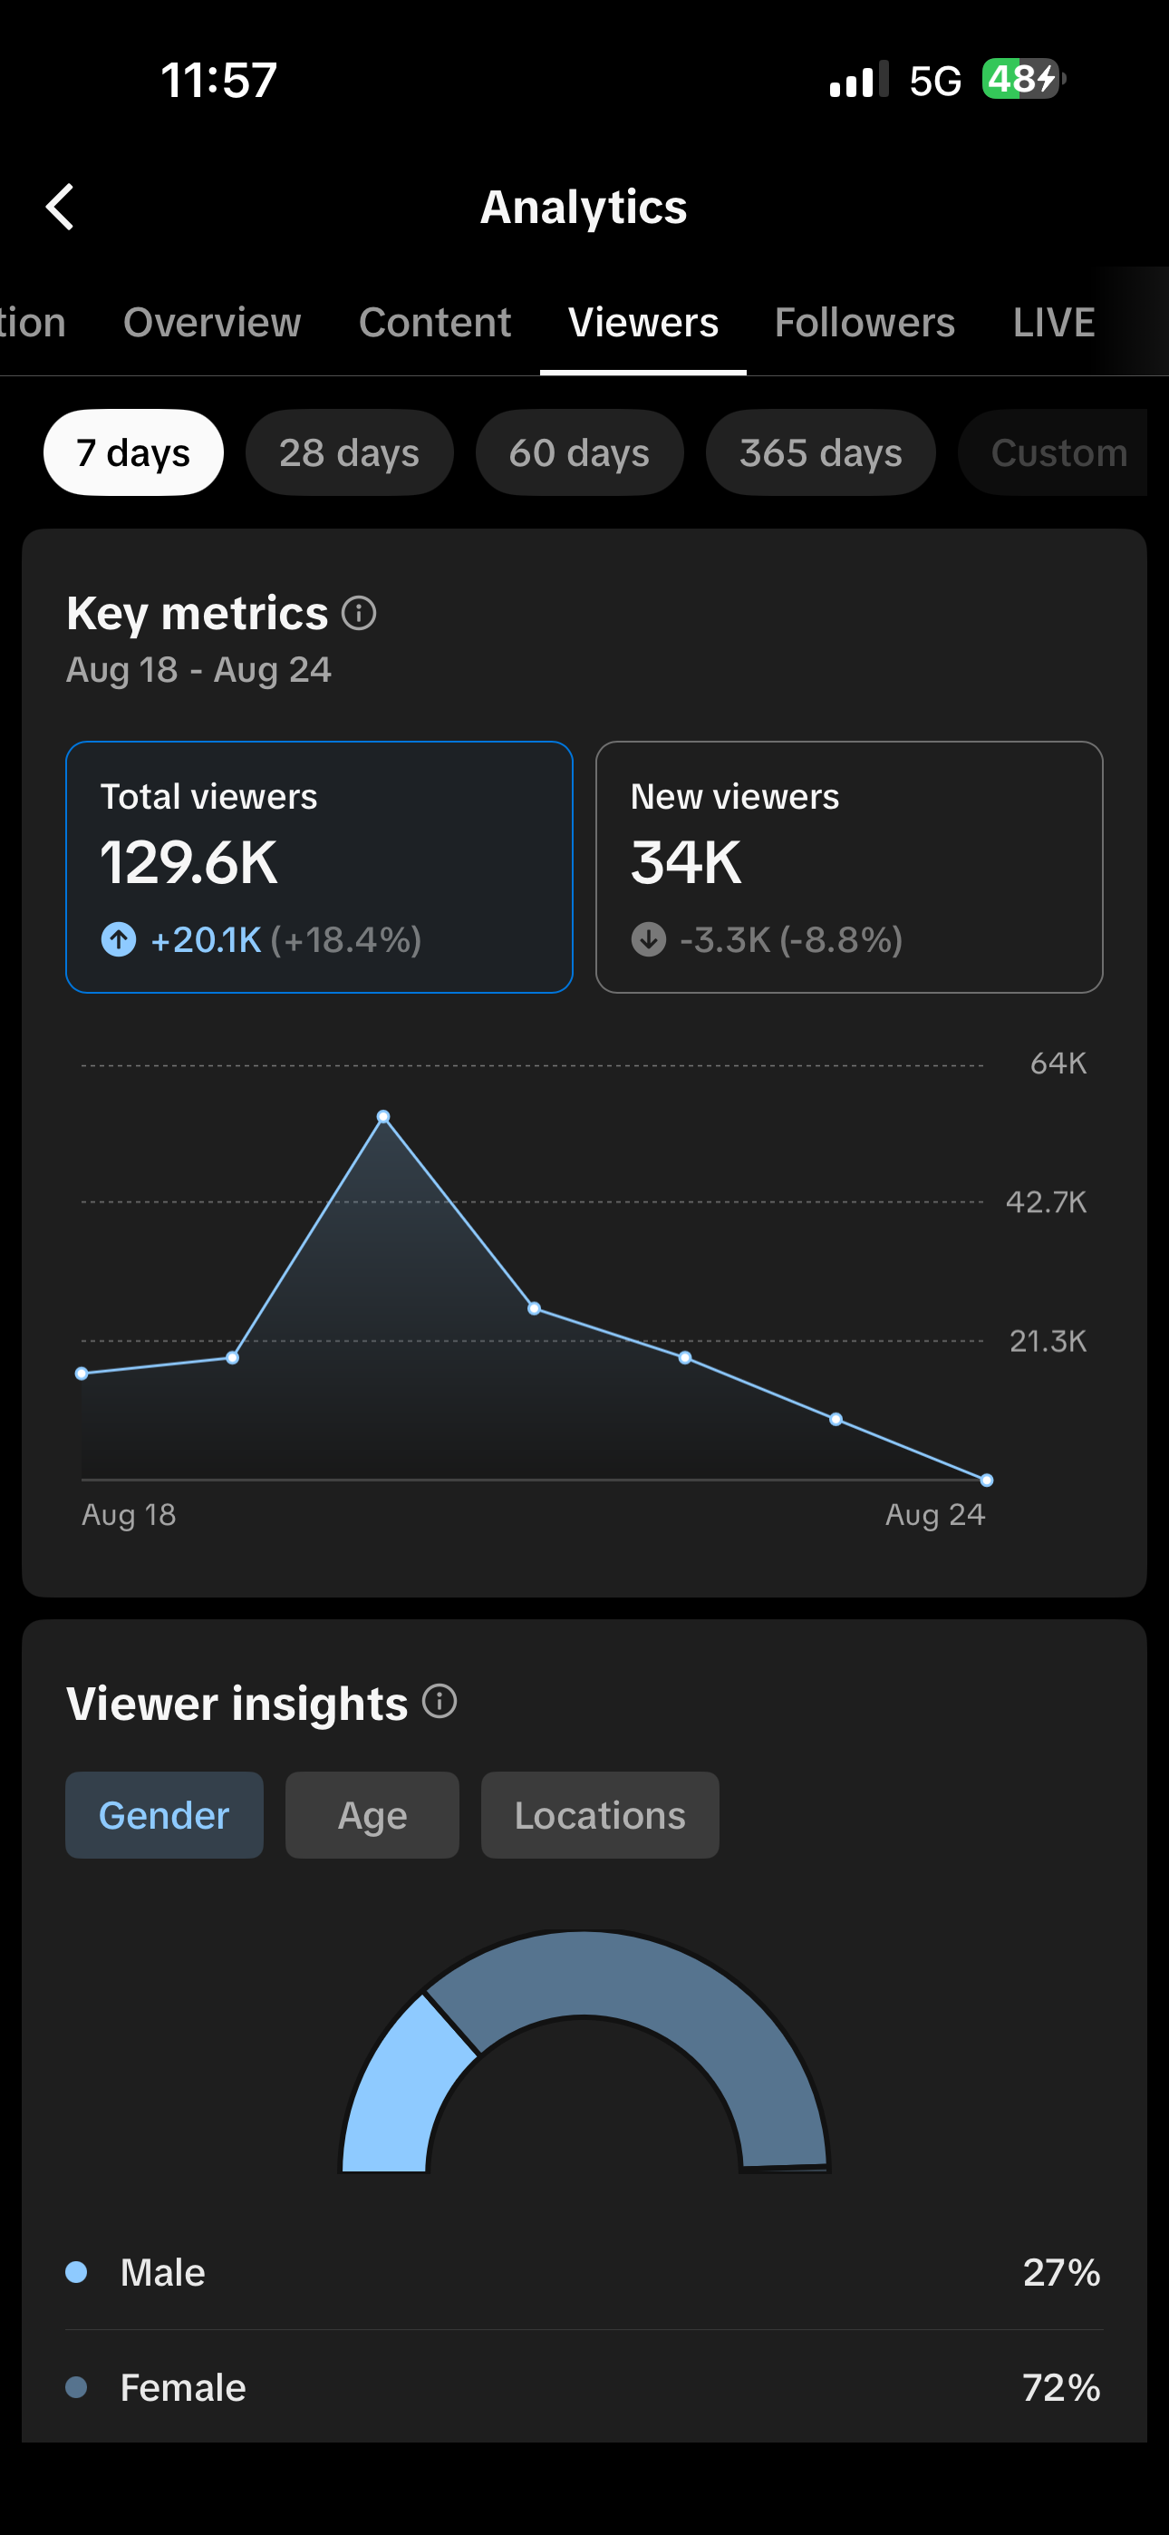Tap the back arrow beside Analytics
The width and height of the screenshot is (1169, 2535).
[60, 207]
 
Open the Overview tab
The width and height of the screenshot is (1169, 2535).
[211, 323]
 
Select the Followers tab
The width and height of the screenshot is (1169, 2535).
[864, 323]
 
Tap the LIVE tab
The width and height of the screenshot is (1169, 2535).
[1054, 323]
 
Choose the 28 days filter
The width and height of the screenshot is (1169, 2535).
[349, 452]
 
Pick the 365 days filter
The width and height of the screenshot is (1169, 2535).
[821, 452]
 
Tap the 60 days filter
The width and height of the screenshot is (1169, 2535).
[580, 452]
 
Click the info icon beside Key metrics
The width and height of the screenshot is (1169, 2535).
[359, 613]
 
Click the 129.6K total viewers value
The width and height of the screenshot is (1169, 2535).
[188, 863]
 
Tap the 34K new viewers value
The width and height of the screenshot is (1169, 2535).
[686, 863]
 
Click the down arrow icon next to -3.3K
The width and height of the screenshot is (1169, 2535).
[649, 940]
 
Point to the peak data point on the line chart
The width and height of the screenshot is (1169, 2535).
[383, 1117]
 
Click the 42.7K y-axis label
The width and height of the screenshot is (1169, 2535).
[1046, 1201]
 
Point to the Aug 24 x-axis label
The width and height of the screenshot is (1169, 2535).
[935, 1514]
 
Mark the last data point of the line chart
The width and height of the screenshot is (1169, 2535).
[987, 1480]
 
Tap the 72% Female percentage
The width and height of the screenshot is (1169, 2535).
[1061, 2387]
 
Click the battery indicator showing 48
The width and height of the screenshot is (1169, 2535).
[1023, 79]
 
